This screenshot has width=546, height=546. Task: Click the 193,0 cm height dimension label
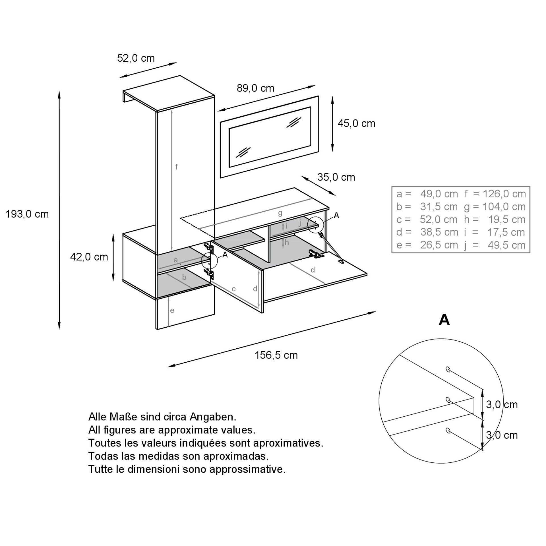click(x=27, y=214)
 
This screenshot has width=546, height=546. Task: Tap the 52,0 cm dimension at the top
click(x=136, y=58)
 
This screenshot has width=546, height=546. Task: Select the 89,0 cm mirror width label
click(x=255, y=88)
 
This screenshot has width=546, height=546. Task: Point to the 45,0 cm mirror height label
click(x=356, y=123)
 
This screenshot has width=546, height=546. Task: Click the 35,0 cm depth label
click(x=336, y=177)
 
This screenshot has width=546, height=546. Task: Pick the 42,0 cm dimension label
click(x=89, y=257)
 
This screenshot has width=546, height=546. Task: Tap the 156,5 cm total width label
click(x=276, y=355)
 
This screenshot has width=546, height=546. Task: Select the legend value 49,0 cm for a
click(x=439, y=194)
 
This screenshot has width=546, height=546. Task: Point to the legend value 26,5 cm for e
click(x=439, y=245)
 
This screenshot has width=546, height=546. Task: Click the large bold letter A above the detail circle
click(x=444, y=320)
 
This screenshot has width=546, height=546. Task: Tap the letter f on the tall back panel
click(x=177, y=167)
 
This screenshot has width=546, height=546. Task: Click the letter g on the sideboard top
click(x=280, y=213)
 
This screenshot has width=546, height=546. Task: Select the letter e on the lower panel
click(x=172, y=311)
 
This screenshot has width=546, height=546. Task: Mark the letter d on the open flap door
click(x=313, y=270)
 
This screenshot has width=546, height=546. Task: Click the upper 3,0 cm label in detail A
click(x=502, y=405)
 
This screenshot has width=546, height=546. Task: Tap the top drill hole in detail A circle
click(x=448, y=369)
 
